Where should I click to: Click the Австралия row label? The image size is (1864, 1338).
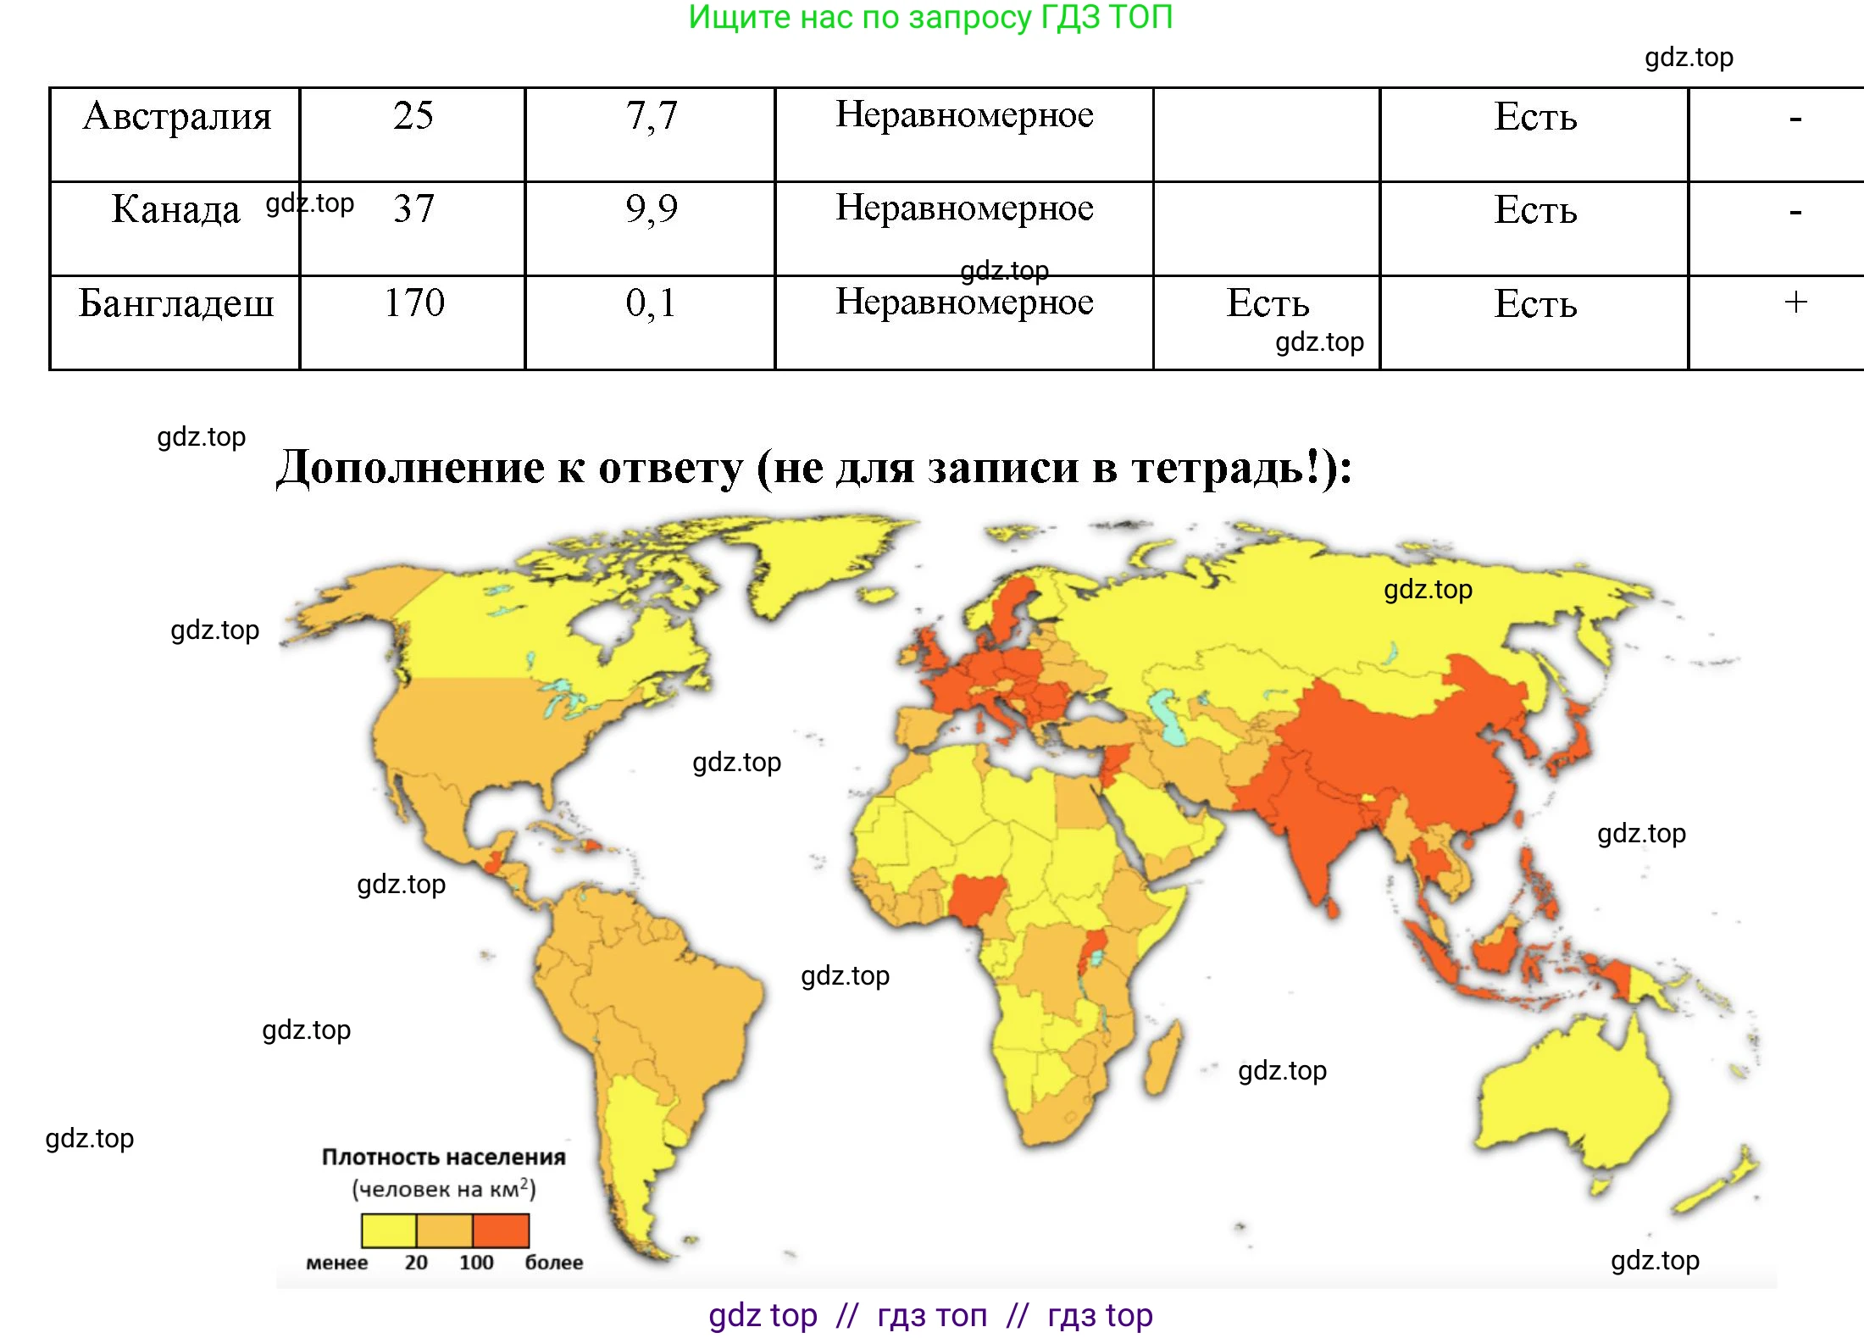(x=176, y=116)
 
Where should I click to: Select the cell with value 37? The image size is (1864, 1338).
(x=413, y=208)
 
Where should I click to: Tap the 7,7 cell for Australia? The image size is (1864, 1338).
(x=651, y=116)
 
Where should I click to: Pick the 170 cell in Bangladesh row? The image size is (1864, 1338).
(x=413, y=303)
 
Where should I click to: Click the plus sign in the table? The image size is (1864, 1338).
(x=1795, y=303)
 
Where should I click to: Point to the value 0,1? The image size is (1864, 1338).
(x=651, y=303)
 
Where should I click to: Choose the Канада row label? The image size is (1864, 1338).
(x=175, y=209)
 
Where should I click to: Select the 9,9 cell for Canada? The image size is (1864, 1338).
(x=651, y=208)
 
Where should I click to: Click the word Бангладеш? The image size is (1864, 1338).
(x=176, y=303)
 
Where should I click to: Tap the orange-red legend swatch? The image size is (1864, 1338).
(x=501, y=1230)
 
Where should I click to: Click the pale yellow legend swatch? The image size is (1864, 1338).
(x=389, y=1230)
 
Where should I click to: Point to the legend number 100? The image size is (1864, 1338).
(x=476, y=1263)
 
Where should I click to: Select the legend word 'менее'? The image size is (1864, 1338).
(x=336, y=1263)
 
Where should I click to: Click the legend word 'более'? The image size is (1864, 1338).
(x=553, y=1263)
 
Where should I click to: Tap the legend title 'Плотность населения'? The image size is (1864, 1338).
(x=443, y=1158)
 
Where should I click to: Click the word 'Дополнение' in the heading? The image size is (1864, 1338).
(x=411, y=467)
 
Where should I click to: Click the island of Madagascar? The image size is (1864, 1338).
(x=1162, y=1059)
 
